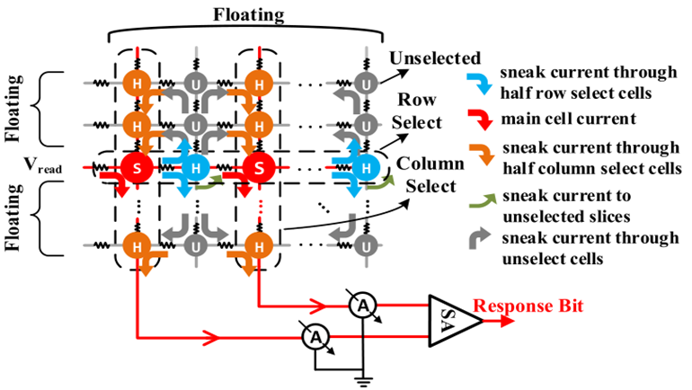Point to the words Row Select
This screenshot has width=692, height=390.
421,112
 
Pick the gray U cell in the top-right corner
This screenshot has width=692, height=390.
364,84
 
